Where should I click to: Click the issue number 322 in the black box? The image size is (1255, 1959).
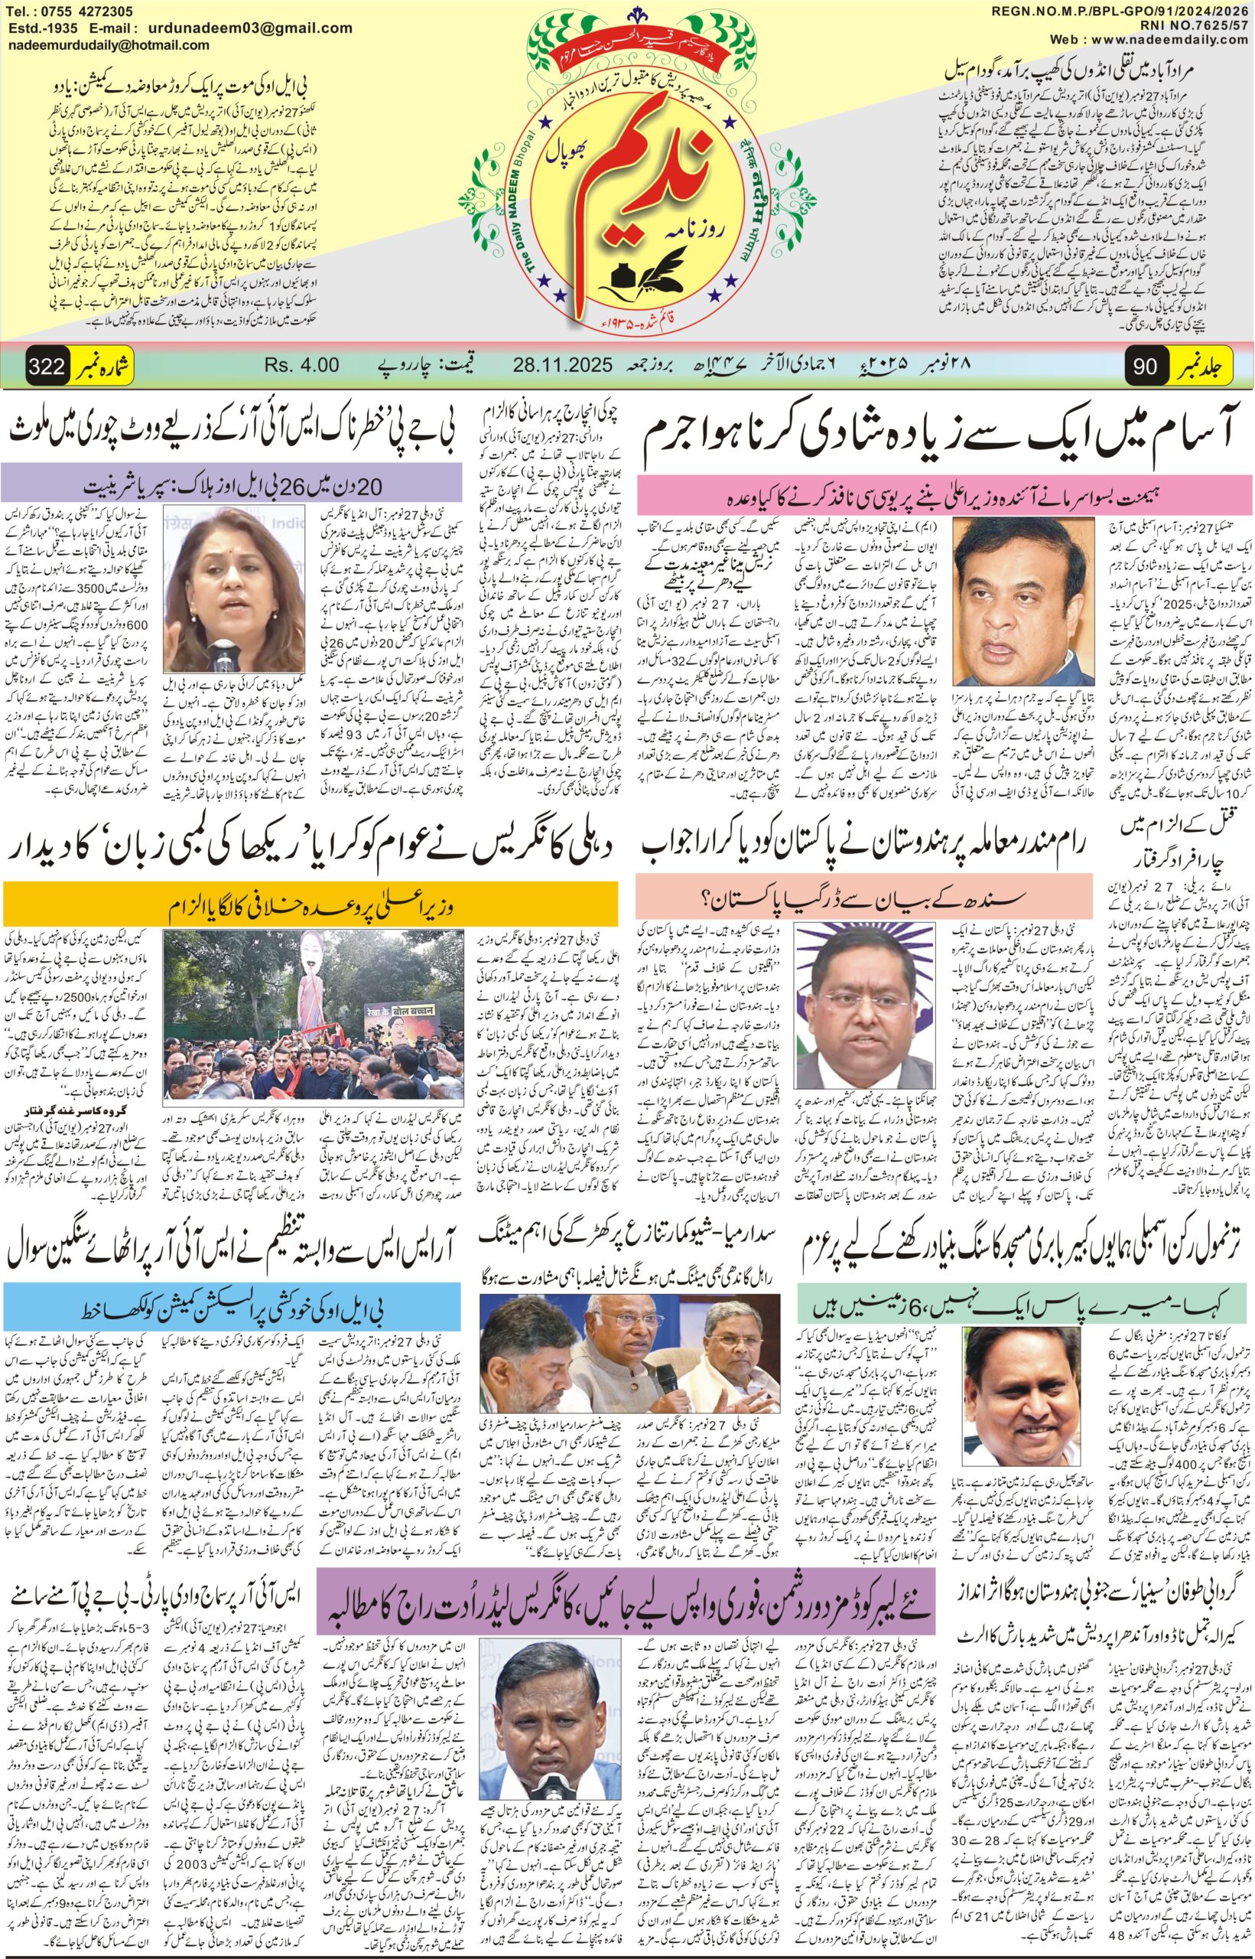pyautogui.click(x=47, y=367)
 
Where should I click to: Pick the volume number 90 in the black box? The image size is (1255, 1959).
pyautogui.click(x=1144, y=367)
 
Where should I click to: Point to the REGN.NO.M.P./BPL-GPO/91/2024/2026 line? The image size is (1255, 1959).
pyautogui.click(x=1121, y=11)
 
